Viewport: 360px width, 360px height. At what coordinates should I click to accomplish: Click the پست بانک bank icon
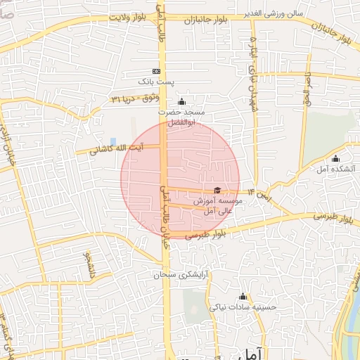pos(155,71)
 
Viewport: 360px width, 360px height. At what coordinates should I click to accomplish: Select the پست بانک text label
pos(155,82)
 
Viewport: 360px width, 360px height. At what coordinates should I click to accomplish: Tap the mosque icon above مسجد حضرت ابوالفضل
pos(181,101)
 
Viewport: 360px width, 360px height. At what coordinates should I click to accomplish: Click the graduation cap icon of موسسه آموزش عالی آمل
pos(217,190)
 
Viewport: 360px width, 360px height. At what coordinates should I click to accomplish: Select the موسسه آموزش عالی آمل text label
pos(218,206)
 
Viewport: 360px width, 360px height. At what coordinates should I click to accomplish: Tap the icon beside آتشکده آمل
pos(335,158)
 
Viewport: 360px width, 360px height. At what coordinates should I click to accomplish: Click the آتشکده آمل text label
pos(335,169)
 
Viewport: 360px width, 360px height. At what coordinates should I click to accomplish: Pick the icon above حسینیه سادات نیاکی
pos(243,296)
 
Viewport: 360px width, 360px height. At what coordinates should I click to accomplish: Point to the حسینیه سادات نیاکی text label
pos(243,307)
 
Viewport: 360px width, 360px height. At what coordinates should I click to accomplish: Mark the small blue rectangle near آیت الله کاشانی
pos(113,142)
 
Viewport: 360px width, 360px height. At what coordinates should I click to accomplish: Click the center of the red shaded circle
pos(180,180)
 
